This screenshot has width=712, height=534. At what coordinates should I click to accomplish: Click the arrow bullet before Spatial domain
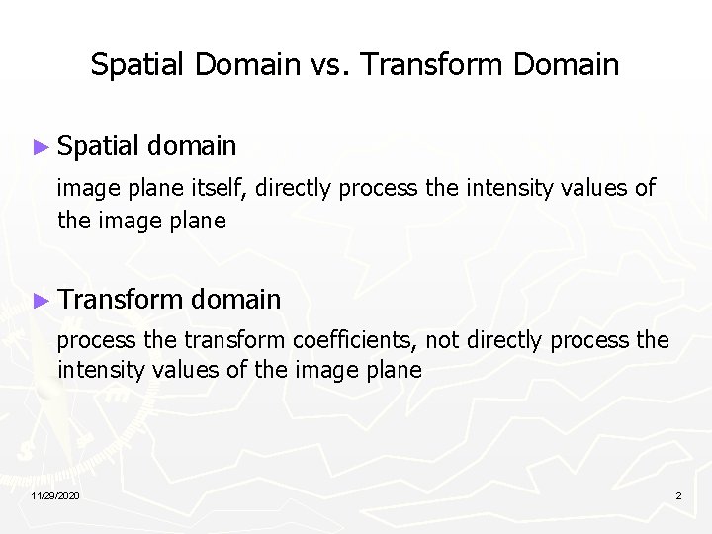click(41, 147)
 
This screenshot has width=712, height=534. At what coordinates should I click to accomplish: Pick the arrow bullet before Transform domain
click(41, 299)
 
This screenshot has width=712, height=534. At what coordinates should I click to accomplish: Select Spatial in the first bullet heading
click(99, 147)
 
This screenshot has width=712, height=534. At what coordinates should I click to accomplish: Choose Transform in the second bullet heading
click(121, 299)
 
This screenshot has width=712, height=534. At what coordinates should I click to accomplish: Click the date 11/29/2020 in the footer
click(55, 494)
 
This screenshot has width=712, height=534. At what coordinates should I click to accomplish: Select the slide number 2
click(678, 494)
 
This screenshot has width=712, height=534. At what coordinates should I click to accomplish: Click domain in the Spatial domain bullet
click(193, 147)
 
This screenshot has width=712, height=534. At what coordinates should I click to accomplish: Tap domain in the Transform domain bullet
click(237, 299)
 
